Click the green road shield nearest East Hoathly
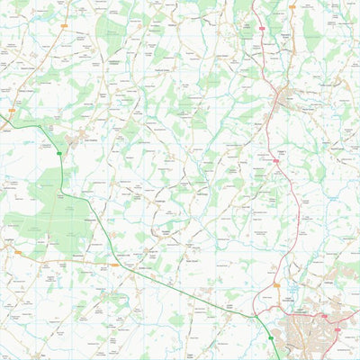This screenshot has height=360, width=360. (x=59, y=154)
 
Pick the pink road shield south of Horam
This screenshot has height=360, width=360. (x=276, y=160)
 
